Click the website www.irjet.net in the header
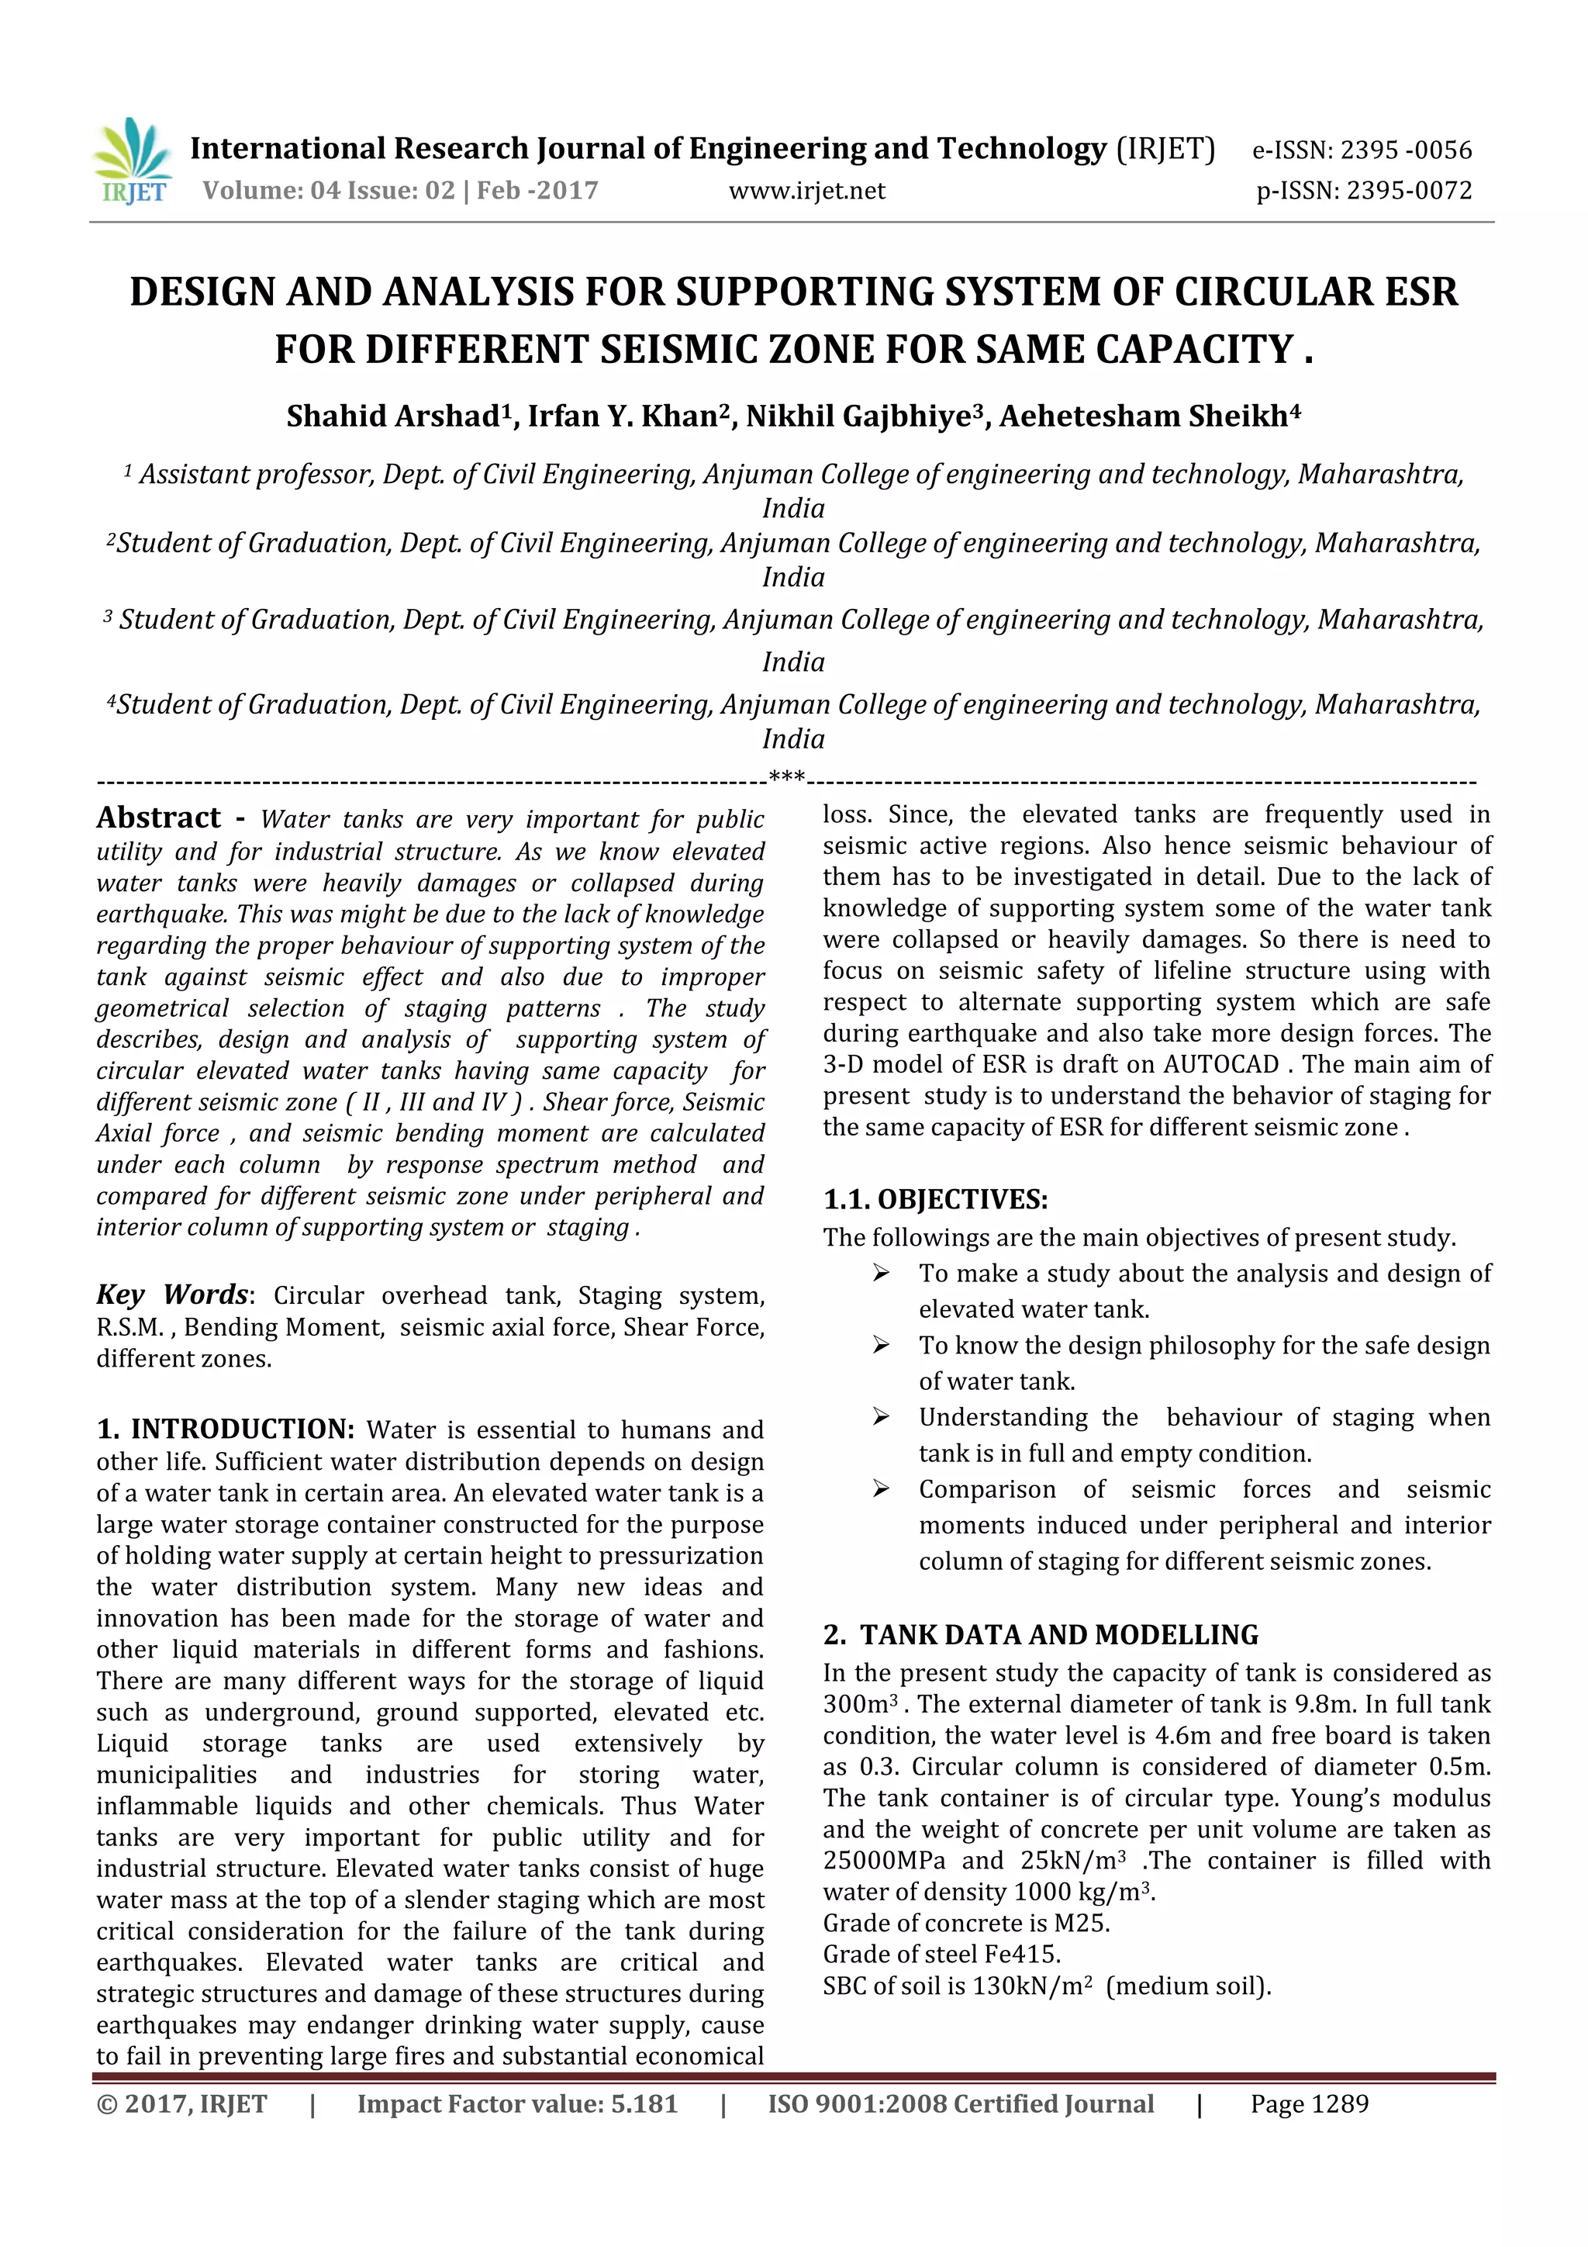pyautogui.click(x=806, y=191)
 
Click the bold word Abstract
pyautogui.click(x=158, y=818)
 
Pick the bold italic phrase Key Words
pyautogui.click(x=172, y=1295)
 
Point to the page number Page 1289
pyautogui.click(x=1309, y=2104)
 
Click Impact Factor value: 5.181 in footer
pyautogui.click(x=516, y=2104)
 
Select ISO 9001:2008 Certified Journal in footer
pyautogui.click(x=960, y=2104)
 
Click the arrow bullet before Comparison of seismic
pyautogui.click(x=882, y=1489)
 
